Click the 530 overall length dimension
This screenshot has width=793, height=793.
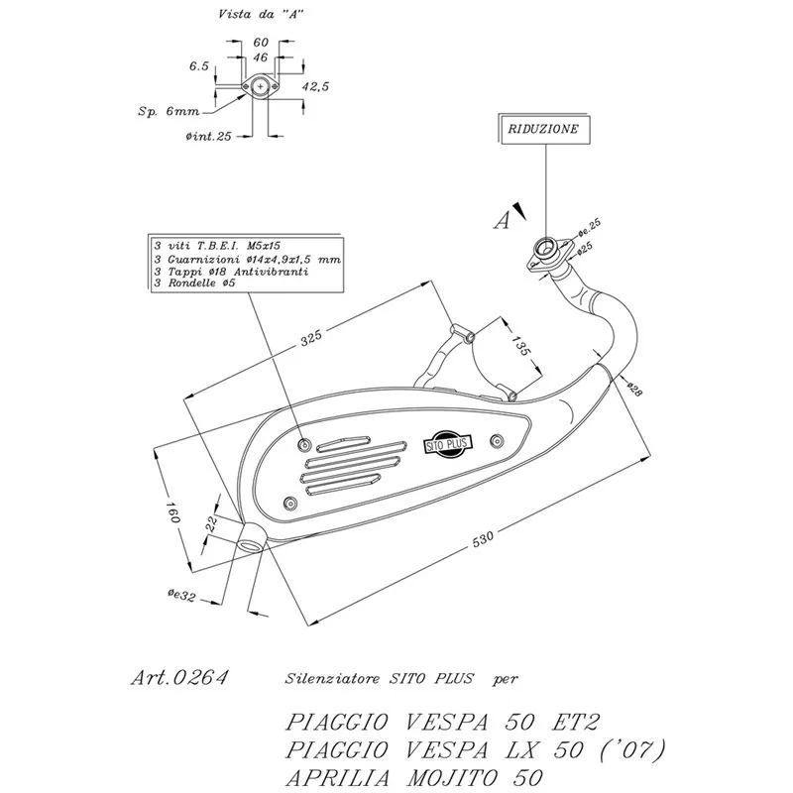pos(483,539)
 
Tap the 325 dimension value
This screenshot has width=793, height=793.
pos(311,338)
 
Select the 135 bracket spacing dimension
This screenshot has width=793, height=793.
pos(519,346)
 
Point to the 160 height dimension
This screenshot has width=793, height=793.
pos(172,511)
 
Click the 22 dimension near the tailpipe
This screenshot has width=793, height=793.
pos(211,523)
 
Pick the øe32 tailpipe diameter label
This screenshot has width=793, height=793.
pos(181,596)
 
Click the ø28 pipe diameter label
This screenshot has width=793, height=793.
pos(634,389)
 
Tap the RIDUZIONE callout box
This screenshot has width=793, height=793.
pos(543,129)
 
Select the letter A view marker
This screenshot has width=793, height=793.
pos(502,221)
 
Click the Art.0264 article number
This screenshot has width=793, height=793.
pos(179,678)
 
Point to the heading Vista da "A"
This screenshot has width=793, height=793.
pos(261,14)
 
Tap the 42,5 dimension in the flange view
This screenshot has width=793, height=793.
pos(315,86)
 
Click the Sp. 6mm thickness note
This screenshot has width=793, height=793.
pos(169,111)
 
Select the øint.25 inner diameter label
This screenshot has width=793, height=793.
pos(208,136)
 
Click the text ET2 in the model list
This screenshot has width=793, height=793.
pos(575,722)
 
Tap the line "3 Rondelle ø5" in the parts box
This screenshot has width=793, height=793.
pos(194,283)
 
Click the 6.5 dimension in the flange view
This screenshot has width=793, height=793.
pos(199,66)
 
